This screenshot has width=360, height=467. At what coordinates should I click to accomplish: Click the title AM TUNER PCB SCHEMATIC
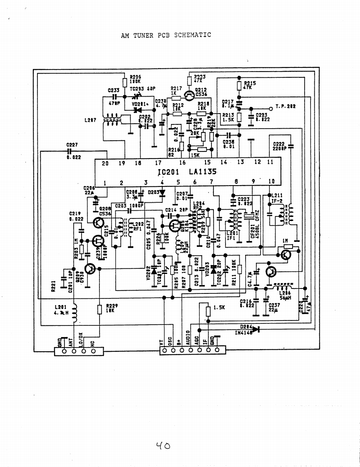[166, 35]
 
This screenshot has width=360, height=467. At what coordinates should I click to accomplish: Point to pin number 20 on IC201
[105, 163]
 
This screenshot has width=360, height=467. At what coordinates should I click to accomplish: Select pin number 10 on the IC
[271, 181]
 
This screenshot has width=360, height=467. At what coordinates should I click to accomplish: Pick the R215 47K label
[250, 85]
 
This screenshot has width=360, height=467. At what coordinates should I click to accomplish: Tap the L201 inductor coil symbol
[75, 313]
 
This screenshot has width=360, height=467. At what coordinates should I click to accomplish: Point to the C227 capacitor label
[72, 145]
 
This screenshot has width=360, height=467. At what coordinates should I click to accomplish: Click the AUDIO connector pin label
[188, 338]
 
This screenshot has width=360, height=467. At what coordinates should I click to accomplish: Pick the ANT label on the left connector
[71, 342]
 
